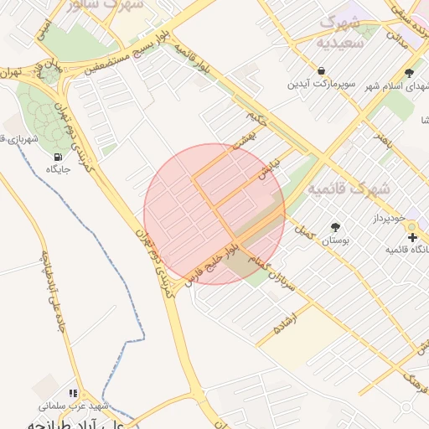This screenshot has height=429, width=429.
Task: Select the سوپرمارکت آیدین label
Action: click(323, 84)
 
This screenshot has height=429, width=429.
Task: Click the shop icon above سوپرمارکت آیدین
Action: click(322, 70)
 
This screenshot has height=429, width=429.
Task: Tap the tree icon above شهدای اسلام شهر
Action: click(409, 73)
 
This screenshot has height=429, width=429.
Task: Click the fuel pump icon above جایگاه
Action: click(57, 157)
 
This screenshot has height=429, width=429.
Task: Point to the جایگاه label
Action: click(56, 169)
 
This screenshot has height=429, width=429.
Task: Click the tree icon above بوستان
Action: click(336, 227)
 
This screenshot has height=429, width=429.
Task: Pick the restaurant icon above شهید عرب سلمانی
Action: click(73, 392)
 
